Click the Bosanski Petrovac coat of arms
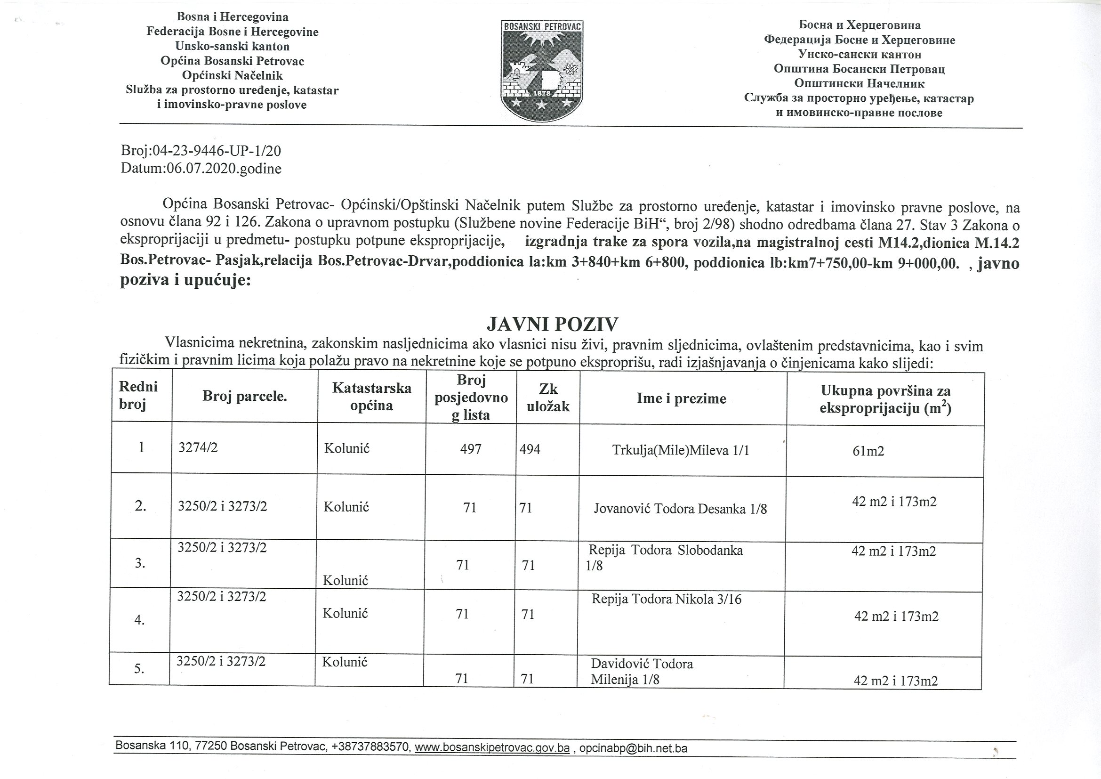click(542, 71)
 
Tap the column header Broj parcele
click(245, 396)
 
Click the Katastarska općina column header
click(372, 396)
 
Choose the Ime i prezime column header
click(681, 398)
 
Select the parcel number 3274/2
click(198, 448)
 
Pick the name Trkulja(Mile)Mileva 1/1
click(681, 450)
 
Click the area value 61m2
click(868, 451)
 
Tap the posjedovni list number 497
click(470, 449)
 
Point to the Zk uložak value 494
click(530, 449)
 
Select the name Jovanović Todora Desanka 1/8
click(681, 509)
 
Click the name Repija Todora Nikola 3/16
click(667, 599)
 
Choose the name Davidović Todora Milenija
click(642, 672)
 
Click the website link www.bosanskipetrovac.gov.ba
click(492, 747)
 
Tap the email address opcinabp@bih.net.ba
click(634, 748)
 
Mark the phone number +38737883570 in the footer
click(370, 747)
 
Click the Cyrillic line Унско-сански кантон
click(860, 54)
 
